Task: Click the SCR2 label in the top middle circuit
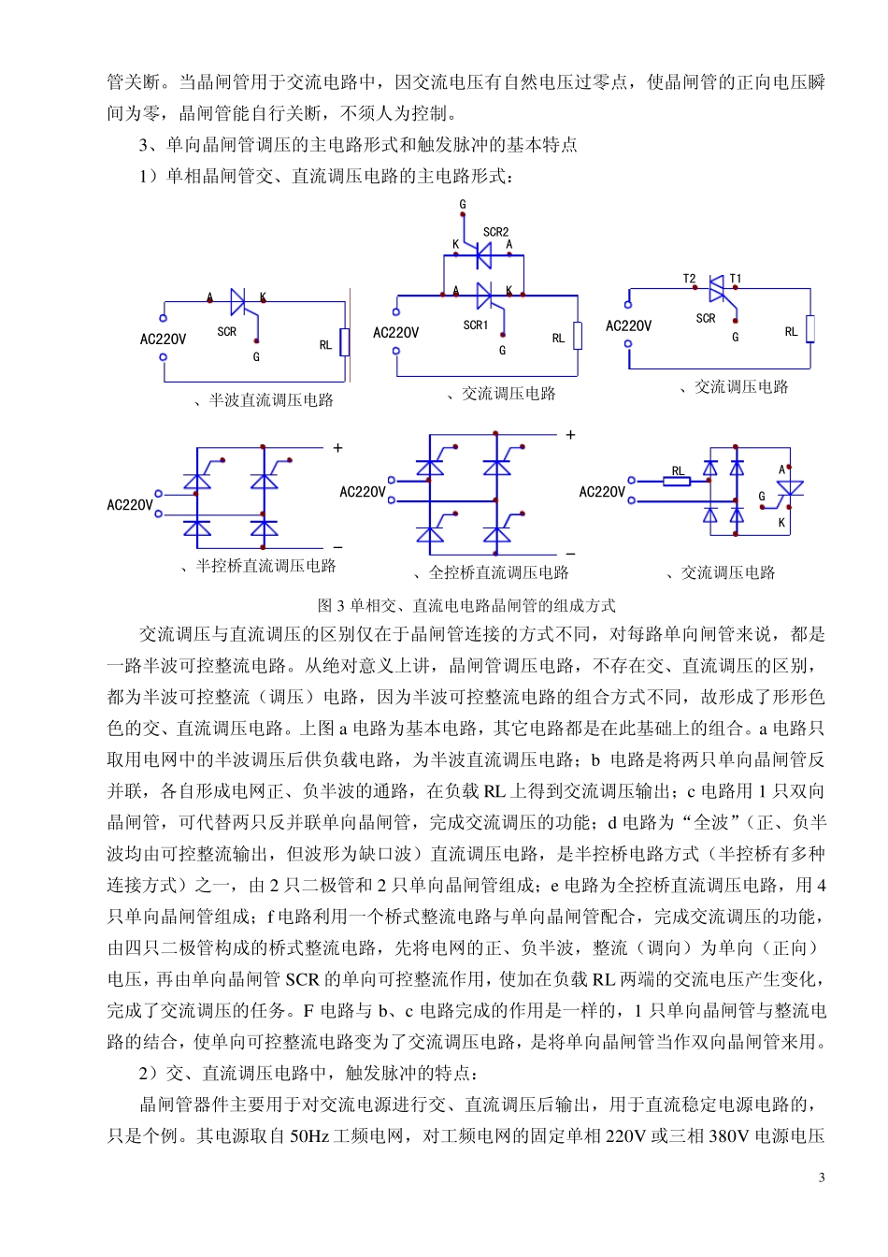[495, 232]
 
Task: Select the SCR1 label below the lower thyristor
[476, 325]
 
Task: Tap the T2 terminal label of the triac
[689, 279]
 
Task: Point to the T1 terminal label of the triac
[736, 279]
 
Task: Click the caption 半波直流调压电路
[271, 400]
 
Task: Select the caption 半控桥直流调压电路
[265, 566]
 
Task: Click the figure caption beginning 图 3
[466, 605]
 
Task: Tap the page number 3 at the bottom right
[822, 1178]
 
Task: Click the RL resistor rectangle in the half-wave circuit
[345, 342]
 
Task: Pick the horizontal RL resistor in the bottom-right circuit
[677, 481]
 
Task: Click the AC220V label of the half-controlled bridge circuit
[130, 505]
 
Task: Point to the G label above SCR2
[463, 204]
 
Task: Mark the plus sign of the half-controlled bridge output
[337, 448]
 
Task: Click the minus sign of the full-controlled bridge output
[570, 554]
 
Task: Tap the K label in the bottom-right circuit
[781, 523]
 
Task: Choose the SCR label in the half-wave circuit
[226, 332]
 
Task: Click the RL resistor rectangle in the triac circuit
[809, 329]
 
